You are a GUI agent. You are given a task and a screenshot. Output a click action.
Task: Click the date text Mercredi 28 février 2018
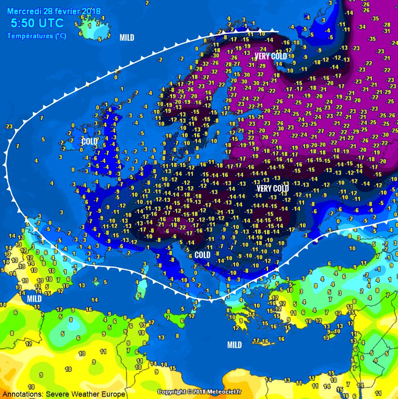tap(53, 11)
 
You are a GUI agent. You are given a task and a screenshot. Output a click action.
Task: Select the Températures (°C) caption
tap(36, 36)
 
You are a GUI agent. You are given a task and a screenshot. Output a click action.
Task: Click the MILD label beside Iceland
tap(127, 38)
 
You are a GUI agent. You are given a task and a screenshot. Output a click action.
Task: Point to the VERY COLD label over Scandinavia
tap(270, 56)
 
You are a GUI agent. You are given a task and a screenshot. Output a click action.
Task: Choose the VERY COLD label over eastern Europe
tap(273, 189)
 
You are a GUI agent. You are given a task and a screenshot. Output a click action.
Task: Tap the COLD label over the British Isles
tap(89, 142)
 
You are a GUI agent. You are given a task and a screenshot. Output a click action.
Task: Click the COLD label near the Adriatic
tap(202, 255)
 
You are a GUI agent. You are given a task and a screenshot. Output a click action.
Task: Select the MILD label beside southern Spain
tap(34, 298)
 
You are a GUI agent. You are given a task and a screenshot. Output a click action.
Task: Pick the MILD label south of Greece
tap(234, 345)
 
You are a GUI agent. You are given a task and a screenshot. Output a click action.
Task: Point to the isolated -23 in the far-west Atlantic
tap(8, 127)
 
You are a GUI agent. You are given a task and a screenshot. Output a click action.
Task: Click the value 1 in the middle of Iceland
tap(90, 26)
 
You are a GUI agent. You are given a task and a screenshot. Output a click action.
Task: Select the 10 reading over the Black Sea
tap(352, 248)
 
